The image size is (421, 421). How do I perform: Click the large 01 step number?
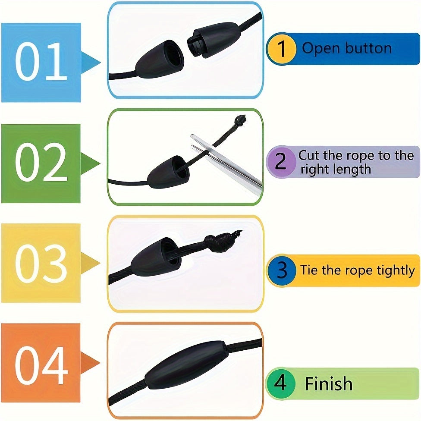41,62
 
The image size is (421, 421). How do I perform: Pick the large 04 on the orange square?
41,365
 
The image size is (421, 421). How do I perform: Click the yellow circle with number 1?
282,49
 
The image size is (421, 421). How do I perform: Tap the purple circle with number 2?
281,162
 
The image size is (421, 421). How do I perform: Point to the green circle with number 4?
280,383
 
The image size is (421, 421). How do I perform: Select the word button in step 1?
368,48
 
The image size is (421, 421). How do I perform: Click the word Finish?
329,383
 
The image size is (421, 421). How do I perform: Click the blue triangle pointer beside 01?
91,63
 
